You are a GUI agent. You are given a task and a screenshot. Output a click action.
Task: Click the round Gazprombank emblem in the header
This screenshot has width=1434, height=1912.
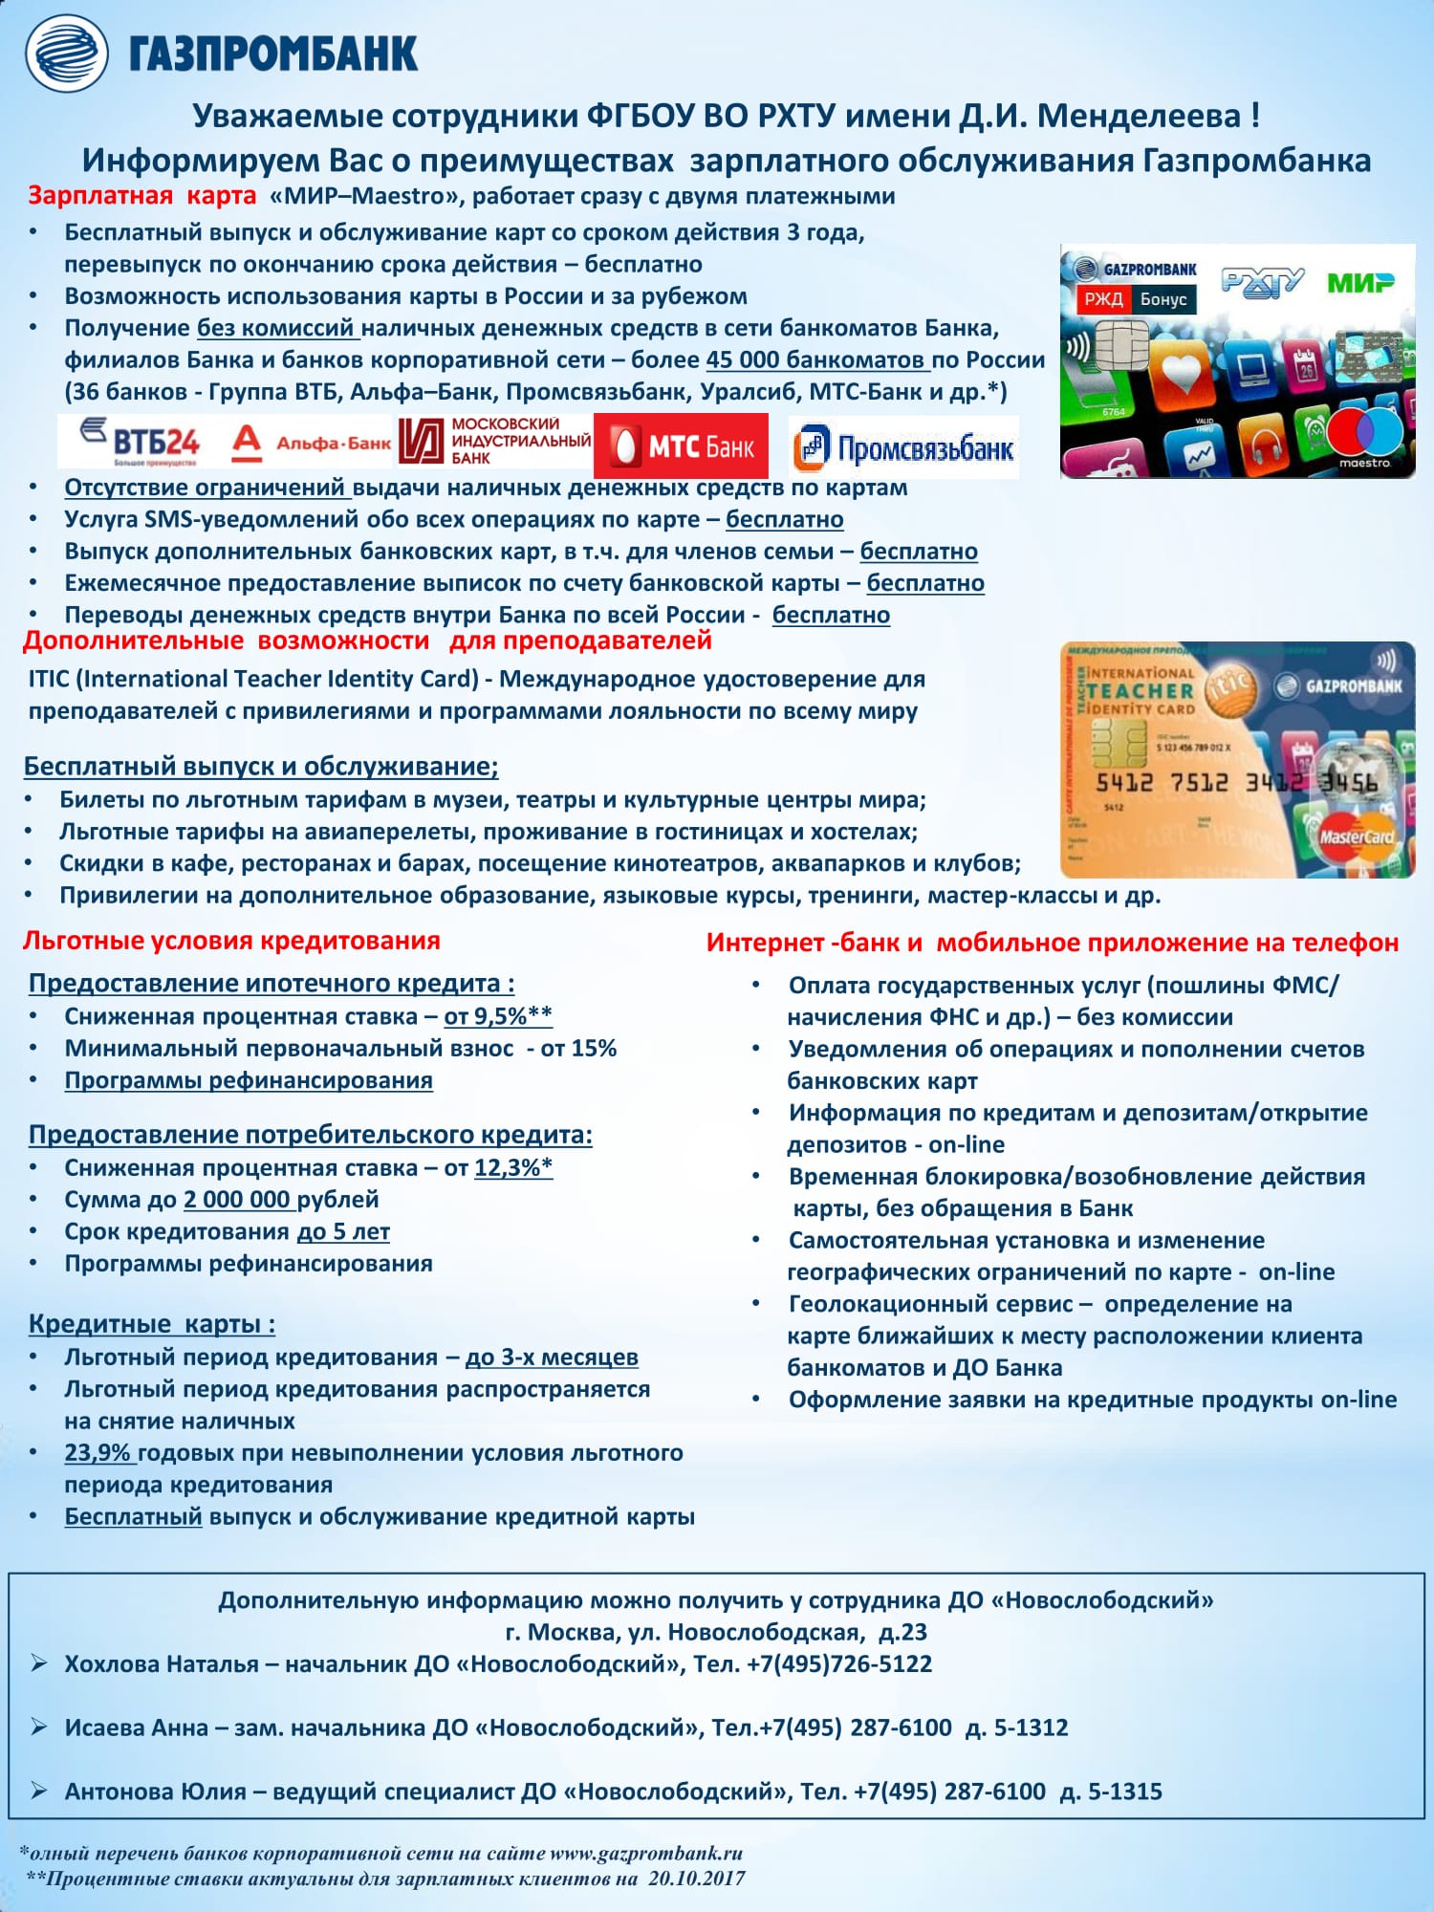click(x=66, y=54)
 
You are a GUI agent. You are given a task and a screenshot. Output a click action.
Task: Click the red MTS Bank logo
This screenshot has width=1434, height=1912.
click(x=681, y=445)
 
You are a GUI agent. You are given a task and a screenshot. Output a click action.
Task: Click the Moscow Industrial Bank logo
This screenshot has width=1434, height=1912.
click(x=494, y=441)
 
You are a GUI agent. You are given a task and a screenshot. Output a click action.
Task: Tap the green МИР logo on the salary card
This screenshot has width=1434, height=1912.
click(x=1359, y=283)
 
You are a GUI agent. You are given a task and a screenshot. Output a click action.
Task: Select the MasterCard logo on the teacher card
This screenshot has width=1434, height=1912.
click(x=1356, y=836)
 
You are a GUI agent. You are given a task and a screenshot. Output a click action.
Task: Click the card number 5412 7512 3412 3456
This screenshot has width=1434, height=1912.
click(x=1236, y=782)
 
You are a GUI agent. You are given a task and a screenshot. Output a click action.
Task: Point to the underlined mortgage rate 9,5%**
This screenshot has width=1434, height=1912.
click(x=498, y=1016)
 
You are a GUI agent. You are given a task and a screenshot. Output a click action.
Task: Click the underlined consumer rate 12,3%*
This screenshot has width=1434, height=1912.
click(x=513, y=1167)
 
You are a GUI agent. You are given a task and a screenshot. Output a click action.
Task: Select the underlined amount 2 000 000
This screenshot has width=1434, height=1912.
click(x=237, y=1199)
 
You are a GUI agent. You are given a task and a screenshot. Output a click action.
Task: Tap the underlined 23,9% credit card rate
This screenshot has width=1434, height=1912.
click(x=98, y=1453)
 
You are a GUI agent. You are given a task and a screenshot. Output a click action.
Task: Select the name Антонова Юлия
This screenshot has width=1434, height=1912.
click(x=155, y=1791)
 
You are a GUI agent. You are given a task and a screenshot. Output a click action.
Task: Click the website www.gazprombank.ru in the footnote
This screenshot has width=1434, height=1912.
click(x=646, y=1853)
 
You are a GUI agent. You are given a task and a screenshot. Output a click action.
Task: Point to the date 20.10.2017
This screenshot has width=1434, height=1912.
click(x=696, y=1878)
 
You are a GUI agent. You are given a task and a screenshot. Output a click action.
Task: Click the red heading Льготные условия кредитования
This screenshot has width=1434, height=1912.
click(x=231, y=941)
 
